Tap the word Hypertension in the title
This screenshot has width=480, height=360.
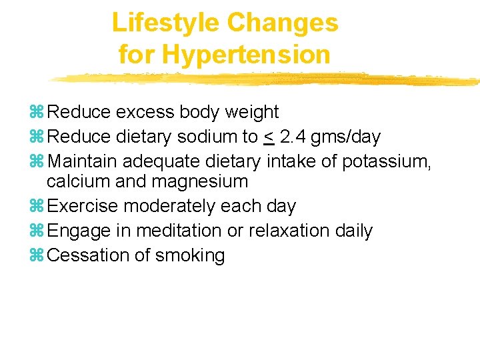click(x=246, y=54)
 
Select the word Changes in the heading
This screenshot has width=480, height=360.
click(x=283, y=23)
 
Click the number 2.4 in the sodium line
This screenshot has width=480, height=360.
click(x=294, y=137)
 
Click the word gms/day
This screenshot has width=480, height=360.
click(x=347, y=138)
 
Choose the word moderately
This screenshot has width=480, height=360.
click(x=175, y=206)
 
